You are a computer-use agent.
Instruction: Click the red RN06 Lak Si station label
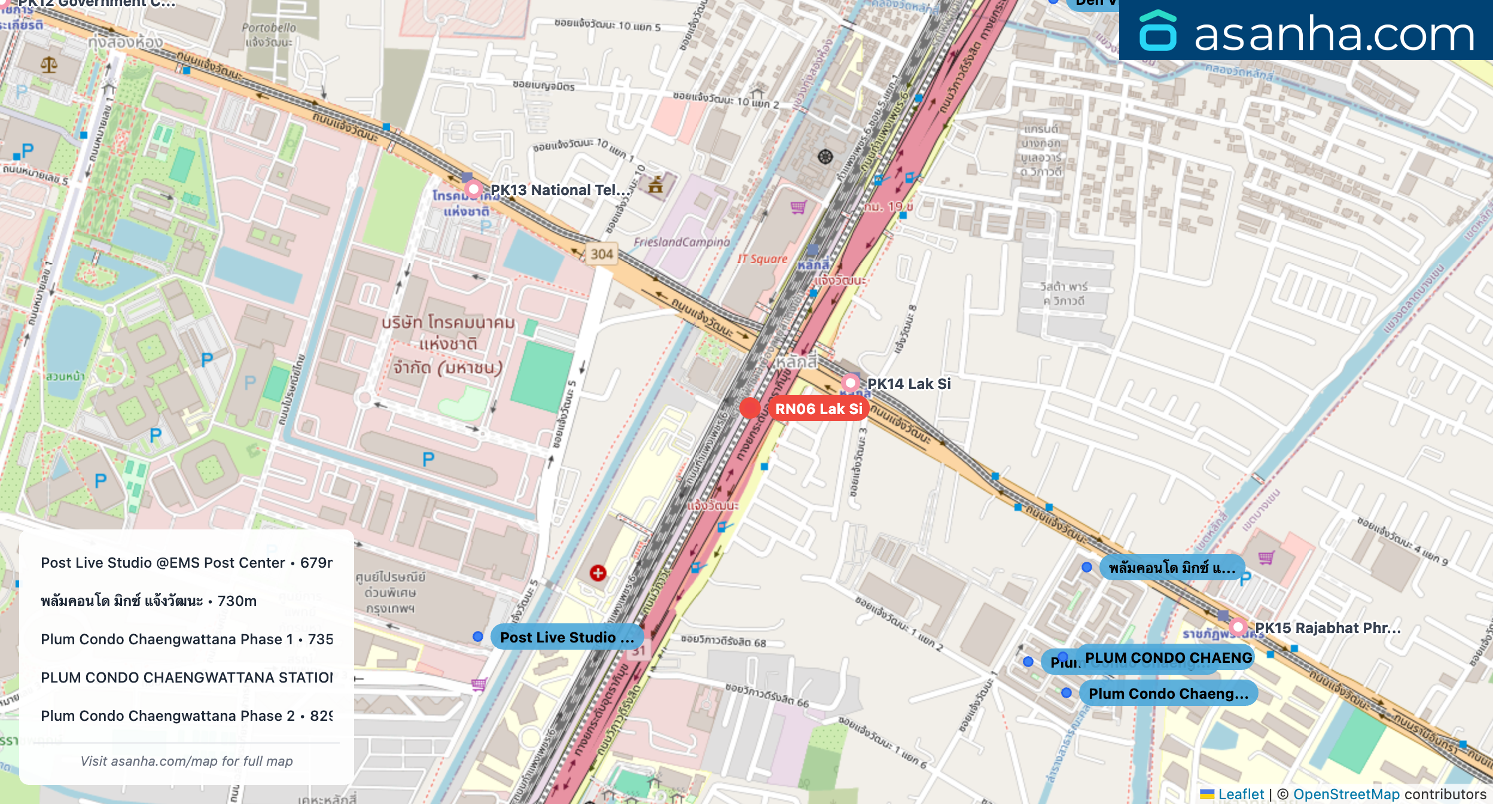tap(818, 409)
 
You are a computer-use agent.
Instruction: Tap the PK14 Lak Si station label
tap(908, 383)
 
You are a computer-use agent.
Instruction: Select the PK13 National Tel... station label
tap(560, 190)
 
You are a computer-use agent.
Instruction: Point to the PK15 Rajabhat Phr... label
tap(1327, 628)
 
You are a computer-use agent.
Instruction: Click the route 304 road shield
tap(602, 254)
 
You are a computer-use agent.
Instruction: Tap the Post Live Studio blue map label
tap(566, 637)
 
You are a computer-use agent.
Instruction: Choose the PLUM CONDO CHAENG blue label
tap(1168, 657)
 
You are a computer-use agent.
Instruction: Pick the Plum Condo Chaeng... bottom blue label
tap(1168, 693)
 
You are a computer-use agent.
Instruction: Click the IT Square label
tap(762, 259)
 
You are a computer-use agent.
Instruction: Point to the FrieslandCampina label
tap(682, 242)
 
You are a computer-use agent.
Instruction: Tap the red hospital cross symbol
tap(598, 573)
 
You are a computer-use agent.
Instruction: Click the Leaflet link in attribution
tap(1241, 794)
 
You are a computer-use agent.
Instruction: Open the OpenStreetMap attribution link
tap(1346, 794)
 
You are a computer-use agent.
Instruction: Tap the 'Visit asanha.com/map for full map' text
tap(187, 761)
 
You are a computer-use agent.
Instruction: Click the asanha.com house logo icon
tap(1157, 31)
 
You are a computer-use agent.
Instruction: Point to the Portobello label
tap(269, 34)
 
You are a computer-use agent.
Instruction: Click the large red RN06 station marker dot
tap(749, 409)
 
